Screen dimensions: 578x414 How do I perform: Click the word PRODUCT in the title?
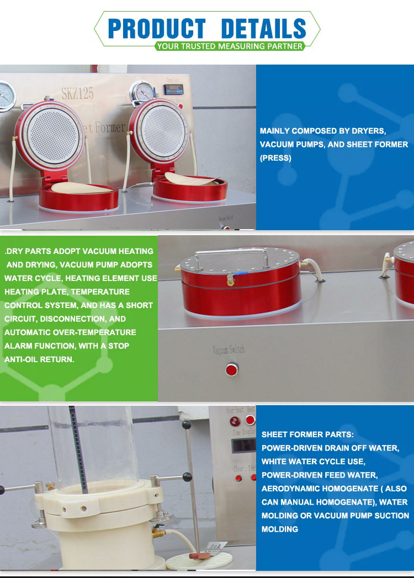pos(156,28)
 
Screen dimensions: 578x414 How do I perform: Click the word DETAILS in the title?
pos(263,28)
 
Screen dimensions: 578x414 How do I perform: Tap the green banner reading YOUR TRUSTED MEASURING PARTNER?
pos(229,46)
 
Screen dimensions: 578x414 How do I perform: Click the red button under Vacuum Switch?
pos(232,369)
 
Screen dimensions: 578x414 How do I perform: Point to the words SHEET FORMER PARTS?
pos(307,434)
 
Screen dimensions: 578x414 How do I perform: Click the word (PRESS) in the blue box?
pos(275,158)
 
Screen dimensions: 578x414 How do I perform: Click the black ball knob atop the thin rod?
pos(187,425)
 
